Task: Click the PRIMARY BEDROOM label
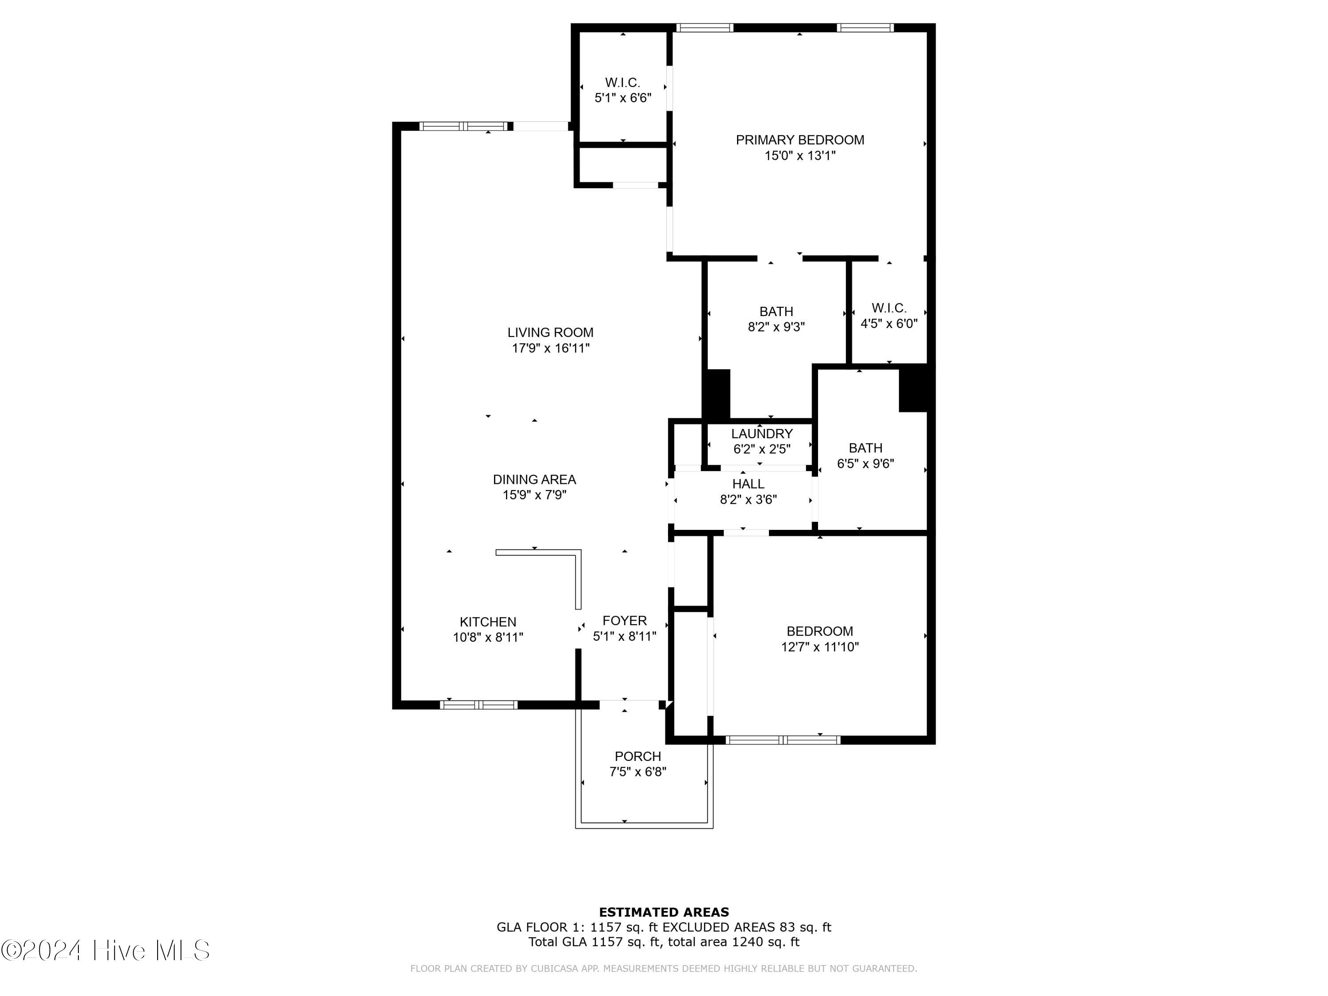coord(800,140)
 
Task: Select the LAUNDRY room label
coord(761,433)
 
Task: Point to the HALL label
coord(748,484)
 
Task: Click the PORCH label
coord(637,757)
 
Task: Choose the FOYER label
coord(624,621)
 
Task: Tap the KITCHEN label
coord(487,622)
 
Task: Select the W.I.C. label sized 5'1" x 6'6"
coord(622,83)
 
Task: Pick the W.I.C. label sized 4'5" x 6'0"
coord(888,308)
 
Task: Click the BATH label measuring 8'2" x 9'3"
coord(776,312)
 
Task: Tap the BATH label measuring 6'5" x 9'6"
coord(865,448)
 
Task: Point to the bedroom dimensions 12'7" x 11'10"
coord(819,647)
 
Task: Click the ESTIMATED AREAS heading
coord(664,912)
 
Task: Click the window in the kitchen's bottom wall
coord(479,705)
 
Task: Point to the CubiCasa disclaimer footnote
coord(664,969)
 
